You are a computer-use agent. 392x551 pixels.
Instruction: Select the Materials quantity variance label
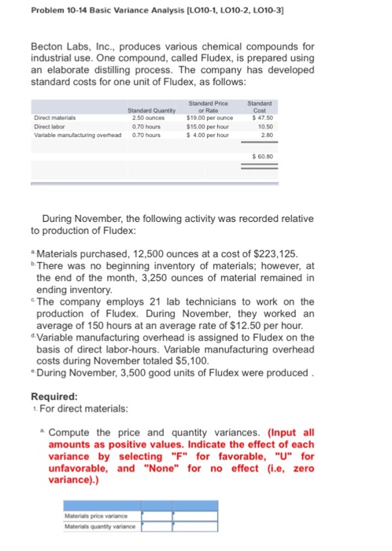[x=101, y=526]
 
